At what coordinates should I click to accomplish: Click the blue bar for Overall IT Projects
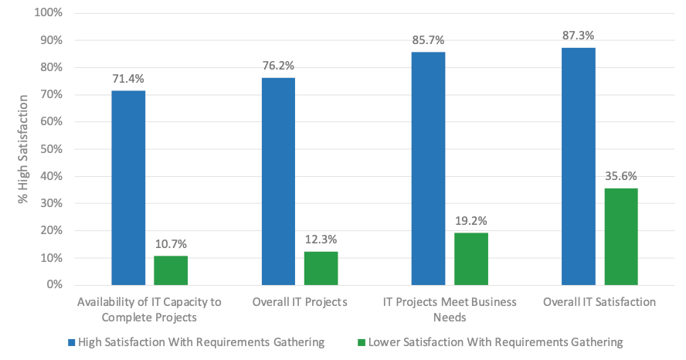[x=278, y=182]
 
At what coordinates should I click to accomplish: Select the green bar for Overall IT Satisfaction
[x=620, y=236]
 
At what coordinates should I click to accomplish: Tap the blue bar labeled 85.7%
[x=428, y=168]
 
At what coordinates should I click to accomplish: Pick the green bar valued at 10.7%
[x=171, y=270]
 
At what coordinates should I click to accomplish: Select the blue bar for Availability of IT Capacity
[x=128, y=188]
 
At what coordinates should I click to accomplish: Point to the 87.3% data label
[x=579, y=36]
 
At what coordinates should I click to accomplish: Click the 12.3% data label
[x=321, y=239]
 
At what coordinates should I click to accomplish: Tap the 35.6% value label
[x=621, y=176]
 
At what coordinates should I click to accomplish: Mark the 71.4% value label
[x=128, y=79]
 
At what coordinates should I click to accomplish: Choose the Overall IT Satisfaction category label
[x=599, y=302]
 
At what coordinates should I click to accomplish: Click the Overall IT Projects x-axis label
[x=300, y=302]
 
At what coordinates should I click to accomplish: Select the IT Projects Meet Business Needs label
[x=450, y=309]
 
